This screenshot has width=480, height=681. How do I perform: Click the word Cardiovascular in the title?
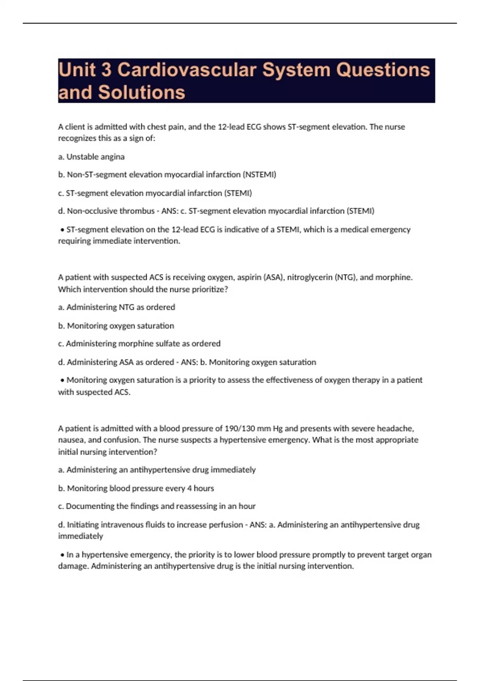tap(187, 70)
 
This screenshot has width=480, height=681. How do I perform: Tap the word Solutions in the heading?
tap(142, 93)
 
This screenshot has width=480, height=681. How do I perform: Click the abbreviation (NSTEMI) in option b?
tap(259, 175)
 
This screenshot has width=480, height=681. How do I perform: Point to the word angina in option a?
tap(113, 157)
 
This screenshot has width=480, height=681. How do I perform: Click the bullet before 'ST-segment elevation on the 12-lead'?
tap(62, 230)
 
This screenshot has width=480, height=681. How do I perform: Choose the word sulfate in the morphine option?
tap(167, 344)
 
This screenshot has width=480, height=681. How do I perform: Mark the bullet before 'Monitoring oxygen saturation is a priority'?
tap(62, 380)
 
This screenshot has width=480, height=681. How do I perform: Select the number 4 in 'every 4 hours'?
tap(190, 488)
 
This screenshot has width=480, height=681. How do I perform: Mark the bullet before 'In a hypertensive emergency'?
tap(62, 555)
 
